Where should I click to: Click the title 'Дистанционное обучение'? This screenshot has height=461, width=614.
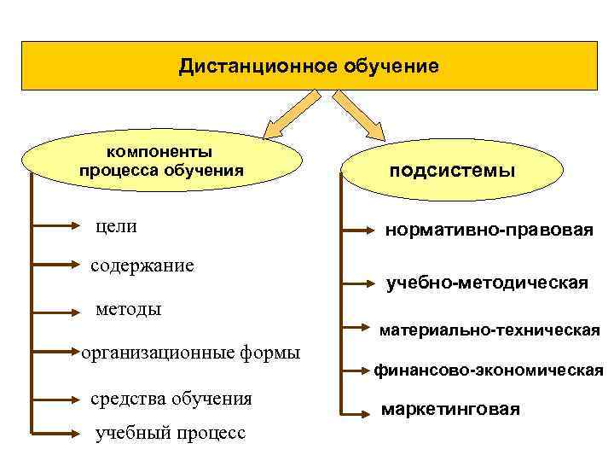pos(309,66)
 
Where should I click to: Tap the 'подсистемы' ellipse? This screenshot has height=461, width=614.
pos(452,171)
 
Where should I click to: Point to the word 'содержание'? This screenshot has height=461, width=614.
pos(142,266)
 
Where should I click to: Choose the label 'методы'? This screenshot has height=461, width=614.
pos(128,307)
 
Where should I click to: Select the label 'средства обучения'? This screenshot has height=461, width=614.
pos(171,398)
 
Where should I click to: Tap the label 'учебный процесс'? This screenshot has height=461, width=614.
pos(171,433)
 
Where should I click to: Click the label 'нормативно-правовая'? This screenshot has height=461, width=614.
pos(489,230)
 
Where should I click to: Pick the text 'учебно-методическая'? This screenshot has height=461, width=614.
pos(487,282)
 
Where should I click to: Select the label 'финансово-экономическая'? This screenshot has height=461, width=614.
pos(489,371)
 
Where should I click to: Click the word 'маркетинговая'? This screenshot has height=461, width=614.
pos(450,410)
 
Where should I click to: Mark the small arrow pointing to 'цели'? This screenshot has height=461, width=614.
pos(56,227)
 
